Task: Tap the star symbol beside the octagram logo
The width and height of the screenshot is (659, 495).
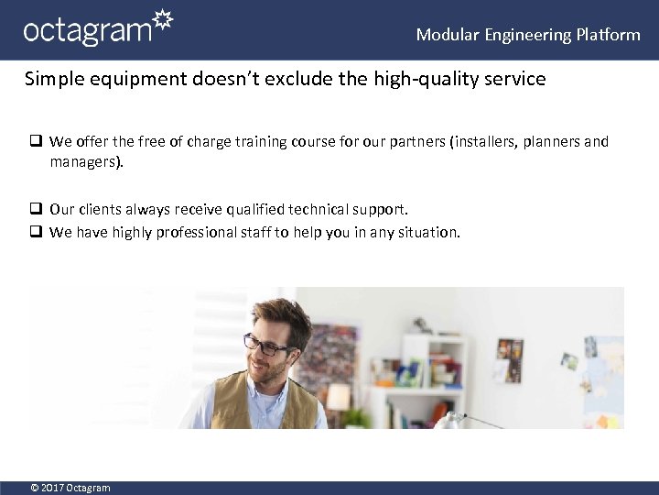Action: coord(162,21)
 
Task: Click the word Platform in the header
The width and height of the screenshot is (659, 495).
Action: coord(608,35)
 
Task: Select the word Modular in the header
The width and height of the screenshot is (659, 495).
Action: coord(448,35)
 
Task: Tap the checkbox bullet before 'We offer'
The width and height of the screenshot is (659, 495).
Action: coord(37,142)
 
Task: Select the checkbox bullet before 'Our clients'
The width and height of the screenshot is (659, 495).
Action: coord(37,210)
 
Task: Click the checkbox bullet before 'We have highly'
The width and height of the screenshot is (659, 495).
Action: coord(37,233)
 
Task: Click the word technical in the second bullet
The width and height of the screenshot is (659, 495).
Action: coord(306,210)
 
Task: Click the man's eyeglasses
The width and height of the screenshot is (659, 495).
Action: coord(265,346)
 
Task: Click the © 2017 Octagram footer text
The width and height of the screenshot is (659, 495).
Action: coord(70,488)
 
